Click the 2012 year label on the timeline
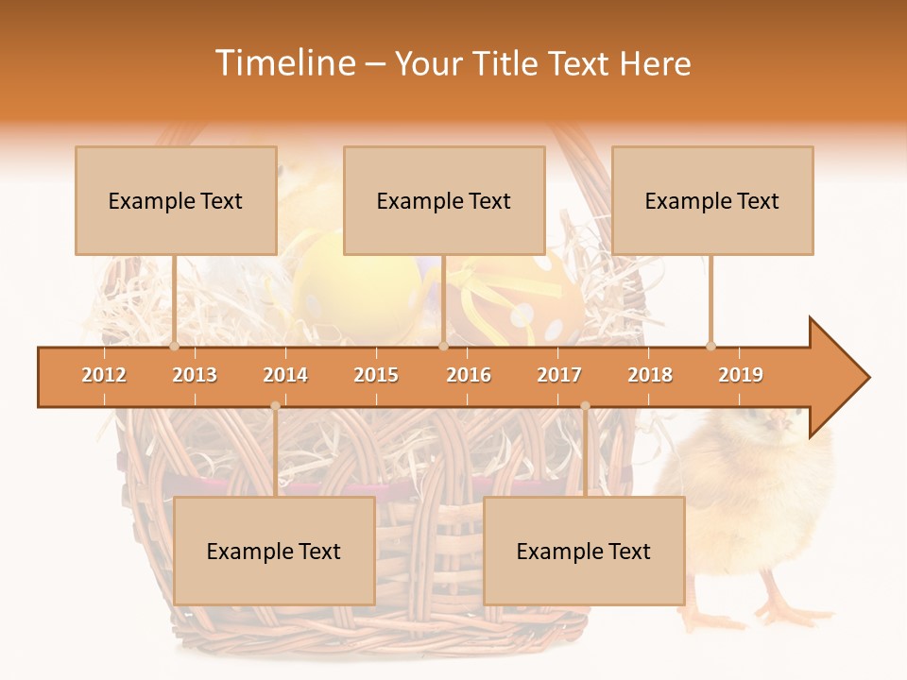pyautogui.click(x=104, y=375)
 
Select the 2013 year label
pyautogui.click(x=195, y=375)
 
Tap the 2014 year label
pyautogui.click(x=285, y=375)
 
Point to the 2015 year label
pyautogui.click(x=376, y=375)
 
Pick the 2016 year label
pyautogui.click(x=469, y=375)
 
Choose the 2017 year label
pyautogui.click(x=559, y=375)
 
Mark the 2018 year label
pyautogui.click(x=650, y=375)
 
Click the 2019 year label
pyautogui.click(x=741, y=375)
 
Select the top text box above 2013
pyautogui.click(x=176, y=200)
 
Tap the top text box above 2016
pyautogui.click(x=444, y=200)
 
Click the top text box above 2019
pyautogui.click(x=712, y=200)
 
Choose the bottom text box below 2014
pyautogui.click(x=274, y=551)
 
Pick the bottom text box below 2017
pyautogui.click(x=584, y=551)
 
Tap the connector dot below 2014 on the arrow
pyautogui.click(x=275, y=406)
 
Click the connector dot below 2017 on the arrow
pyautogui.click(x=585, y=406)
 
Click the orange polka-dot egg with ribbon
pyautogui.click(x=515, y=297)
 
